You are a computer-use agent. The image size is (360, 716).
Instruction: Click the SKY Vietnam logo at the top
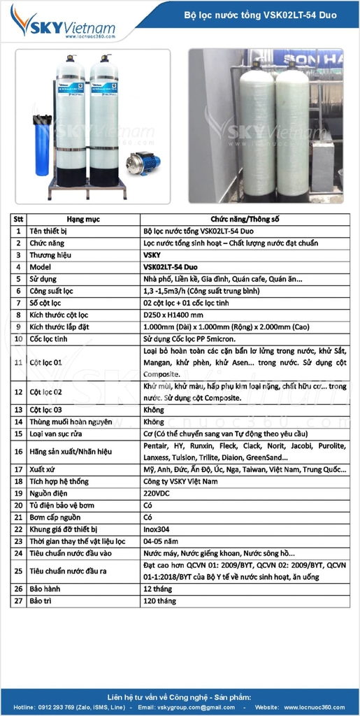pos(63,26)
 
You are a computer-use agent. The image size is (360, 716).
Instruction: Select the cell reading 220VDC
pos(157,494)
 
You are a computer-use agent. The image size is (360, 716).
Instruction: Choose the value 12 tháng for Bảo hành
pos(159,589)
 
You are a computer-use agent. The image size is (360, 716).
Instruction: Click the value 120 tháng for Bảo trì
pos(160,601)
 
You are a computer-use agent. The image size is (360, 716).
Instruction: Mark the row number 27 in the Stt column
pos(18,601)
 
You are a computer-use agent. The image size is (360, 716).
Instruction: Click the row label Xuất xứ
pos(45,470)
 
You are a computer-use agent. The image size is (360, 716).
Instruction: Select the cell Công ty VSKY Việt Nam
pos(180,482)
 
